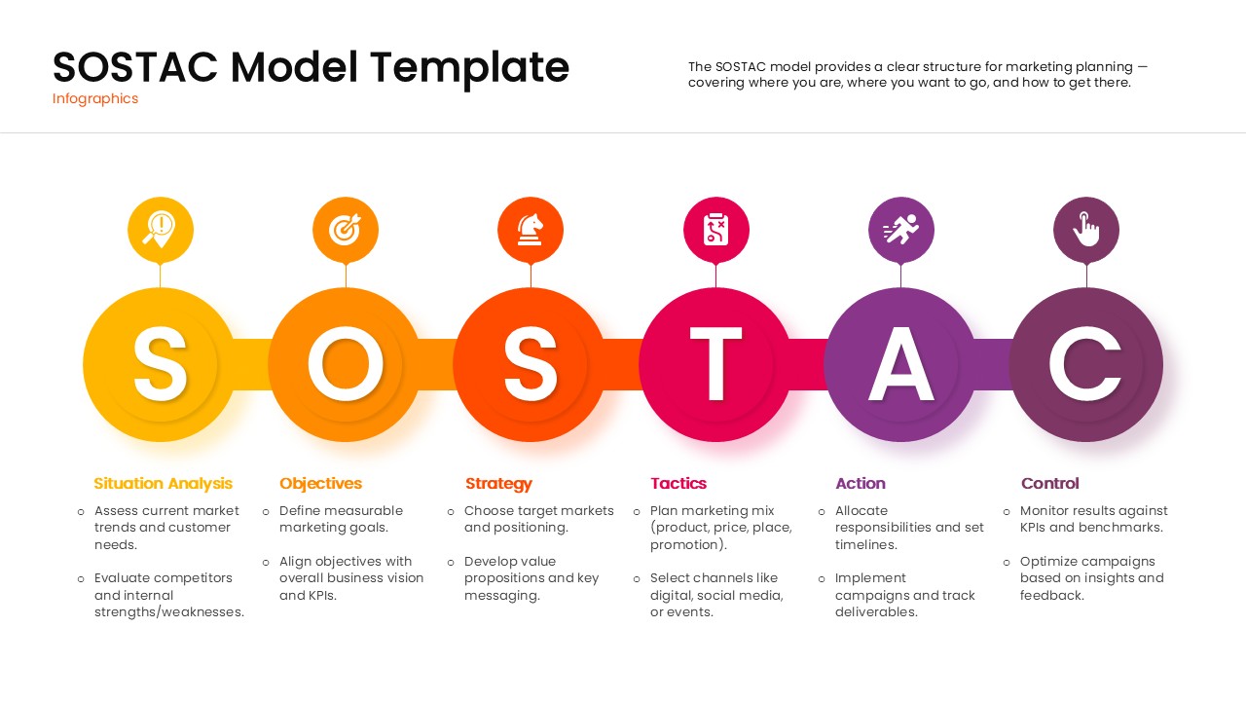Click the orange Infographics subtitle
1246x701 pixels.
[95, 98]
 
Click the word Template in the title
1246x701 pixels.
[470, 67]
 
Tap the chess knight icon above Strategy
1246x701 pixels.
[531, 230]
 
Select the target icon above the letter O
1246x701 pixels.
[346, 230]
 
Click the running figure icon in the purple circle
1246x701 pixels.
[901, 230]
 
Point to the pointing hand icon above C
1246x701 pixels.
[1086, 230]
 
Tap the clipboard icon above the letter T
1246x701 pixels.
[716, 230]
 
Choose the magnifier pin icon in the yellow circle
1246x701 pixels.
[161, 230]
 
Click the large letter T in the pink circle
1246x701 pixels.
[716, 364]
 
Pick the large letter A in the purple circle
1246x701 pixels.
[901, 364]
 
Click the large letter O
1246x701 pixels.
[346, 364]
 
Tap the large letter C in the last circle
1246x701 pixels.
[1086, 364]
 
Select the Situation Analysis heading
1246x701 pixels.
[164, 483]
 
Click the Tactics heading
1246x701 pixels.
[678, 483]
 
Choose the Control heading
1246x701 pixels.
[1050, 483]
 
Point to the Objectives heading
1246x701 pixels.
[320, 483]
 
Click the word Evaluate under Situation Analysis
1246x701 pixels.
[124, 578]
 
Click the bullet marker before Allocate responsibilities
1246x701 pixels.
[822, 511]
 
